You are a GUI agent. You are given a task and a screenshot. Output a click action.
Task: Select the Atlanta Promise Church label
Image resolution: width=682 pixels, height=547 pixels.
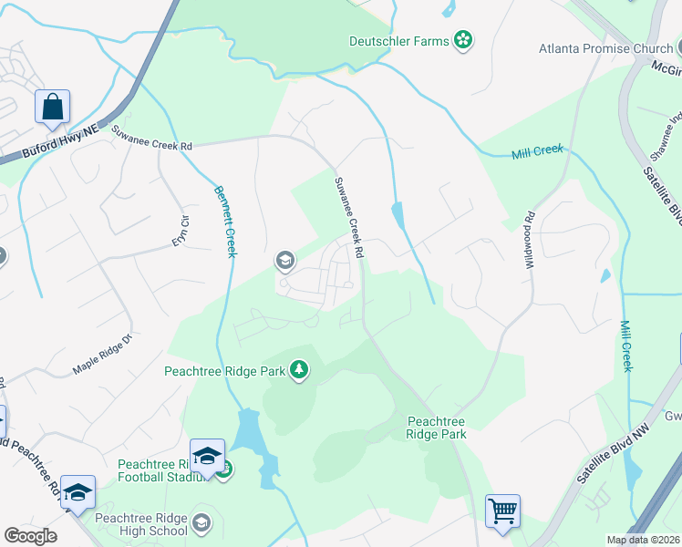[605, 48]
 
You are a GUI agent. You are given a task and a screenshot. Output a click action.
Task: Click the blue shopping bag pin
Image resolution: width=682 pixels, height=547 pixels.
[52, 107]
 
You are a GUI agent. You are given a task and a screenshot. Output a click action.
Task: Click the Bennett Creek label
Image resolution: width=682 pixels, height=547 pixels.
[224, 221]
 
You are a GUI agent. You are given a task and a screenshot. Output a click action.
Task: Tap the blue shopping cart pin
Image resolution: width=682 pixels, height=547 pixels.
[502, 511]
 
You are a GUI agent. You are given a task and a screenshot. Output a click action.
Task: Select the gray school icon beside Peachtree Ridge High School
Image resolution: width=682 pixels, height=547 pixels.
[201, 523]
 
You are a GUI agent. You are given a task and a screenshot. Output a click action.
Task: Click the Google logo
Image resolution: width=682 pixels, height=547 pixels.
[31, 536]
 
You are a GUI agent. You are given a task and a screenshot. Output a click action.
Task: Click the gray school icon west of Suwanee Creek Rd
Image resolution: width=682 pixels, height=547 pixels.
[284, 262]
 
